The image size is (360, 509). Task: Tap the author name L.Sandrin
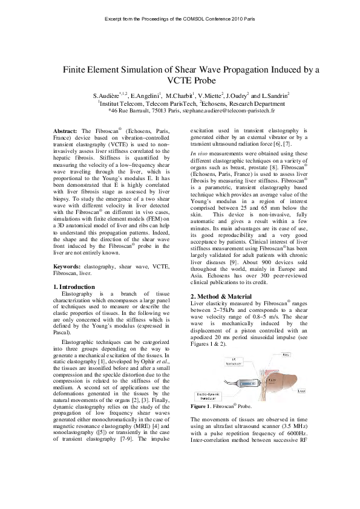pos(276,96)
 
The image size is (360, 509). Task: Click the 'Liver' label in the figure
pos(301,391)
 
